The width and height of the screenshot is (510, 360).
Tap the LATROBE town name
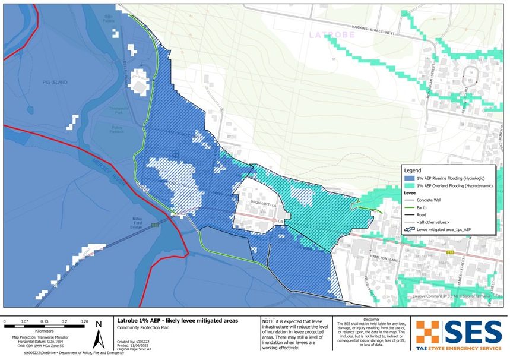point(332,35)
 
